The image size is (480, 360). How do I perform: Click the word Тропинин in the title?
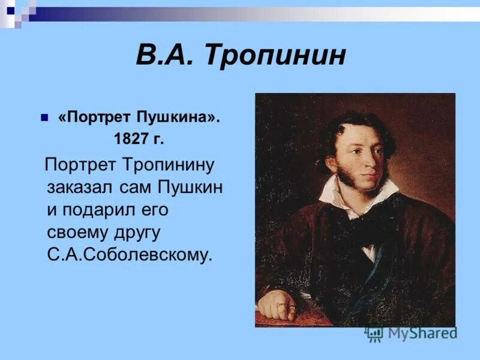[275, 56]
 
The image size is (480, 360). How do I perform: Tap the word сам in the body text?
[134, 187]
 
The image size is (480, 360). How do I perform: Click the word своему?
[77, 232]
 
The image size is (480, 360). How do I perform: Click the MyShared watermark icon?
[374, 334]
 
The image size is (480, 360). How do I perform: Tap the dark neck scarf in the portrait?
[366, 228]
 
